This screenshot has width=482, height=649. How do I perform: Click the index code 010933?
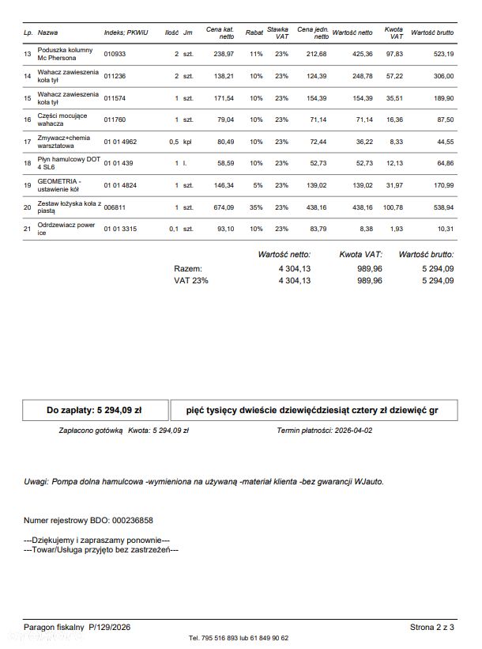click(115, 54)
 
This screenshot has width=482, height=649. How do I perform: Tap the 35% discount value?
click(255, 207)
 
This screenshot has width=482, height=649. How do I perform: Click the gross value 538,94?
click(439, 207)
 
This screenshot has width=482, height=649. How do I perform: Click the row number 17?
click(28, 142)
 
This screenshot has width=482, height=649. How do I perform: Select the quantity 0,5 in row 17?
click(173, 142)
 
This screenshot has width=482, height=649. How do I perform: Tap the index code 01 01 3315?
click(121, 229)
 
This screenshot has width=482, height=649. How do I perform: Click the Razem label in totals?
click(187, 268)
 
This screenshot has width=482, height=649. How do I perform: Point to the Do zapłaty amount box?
click(94, 411)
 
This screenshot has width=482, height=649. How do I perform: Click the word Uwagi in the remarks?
click(36, 481)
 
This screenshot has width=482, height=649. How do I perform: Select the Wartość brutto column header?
click(431, 33)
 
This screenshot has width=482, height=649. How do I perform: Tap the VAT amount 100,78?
click(392, 207)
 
